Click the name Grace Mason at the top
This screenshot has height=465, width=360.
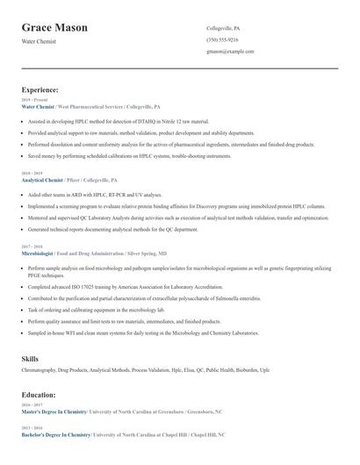coord(54,28)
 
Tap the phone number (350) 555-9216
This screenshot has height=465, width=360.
coord(222,39)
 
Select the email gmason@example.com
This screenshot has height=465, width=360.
coord(230,51)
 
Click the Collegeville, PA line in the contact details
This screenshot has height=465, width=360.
coord(223,28)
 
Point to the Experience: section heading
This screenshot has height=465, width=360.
coord(40,89)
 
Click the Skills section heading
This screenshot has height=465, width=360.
coord(30,358)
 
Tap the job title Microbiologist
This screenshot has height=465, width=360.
coord(38,252)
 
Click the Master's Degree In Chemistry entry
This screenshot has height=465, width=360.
coord(54,411)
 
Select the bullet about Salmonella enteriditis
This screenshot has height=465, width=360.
coord(140,298)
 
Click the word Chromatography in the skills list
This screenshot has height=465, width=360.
coord(39,370)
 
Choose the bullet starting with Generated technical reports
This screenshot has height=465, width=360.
coord(113,228)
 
